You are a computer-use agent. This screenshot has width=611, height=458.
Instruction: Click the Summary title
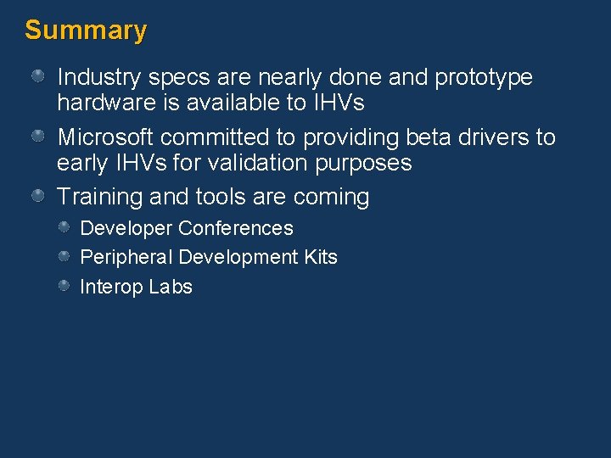pyautogui.click(x=86, y=31)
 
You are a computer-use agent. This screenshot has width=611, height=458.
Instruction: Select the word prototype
pyautogui.click(x=484, y=78)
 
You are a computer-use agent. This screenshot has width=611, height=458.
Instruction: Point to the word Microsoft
pyautogui.click(x=104, y=137)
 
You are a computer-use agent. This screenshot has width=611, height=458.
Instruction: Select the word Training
pyautogui.click(x=99, y=197)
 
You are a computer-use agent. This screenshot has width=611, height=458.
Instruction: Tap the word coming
pyautogui.click(x=331, y=198)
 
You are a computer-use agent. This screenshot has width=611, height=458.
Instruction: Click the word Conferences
pyautogui.click(x=236, y=228)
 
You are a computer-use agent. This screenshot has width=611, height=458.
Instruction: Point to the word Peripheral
pyautogui.click(x=126, y=257)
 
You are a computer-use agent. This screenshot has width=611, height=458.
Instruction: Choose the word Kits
pyautogui.click(x=320, y=257)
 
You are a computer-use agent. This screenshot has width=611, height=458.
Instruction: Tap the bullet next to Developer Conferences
pyautogui.click(x=64, y=228)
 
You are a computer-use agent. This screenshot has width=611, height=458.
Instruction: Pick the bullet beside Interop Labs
pyautogui.click(x=64, y=287)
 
